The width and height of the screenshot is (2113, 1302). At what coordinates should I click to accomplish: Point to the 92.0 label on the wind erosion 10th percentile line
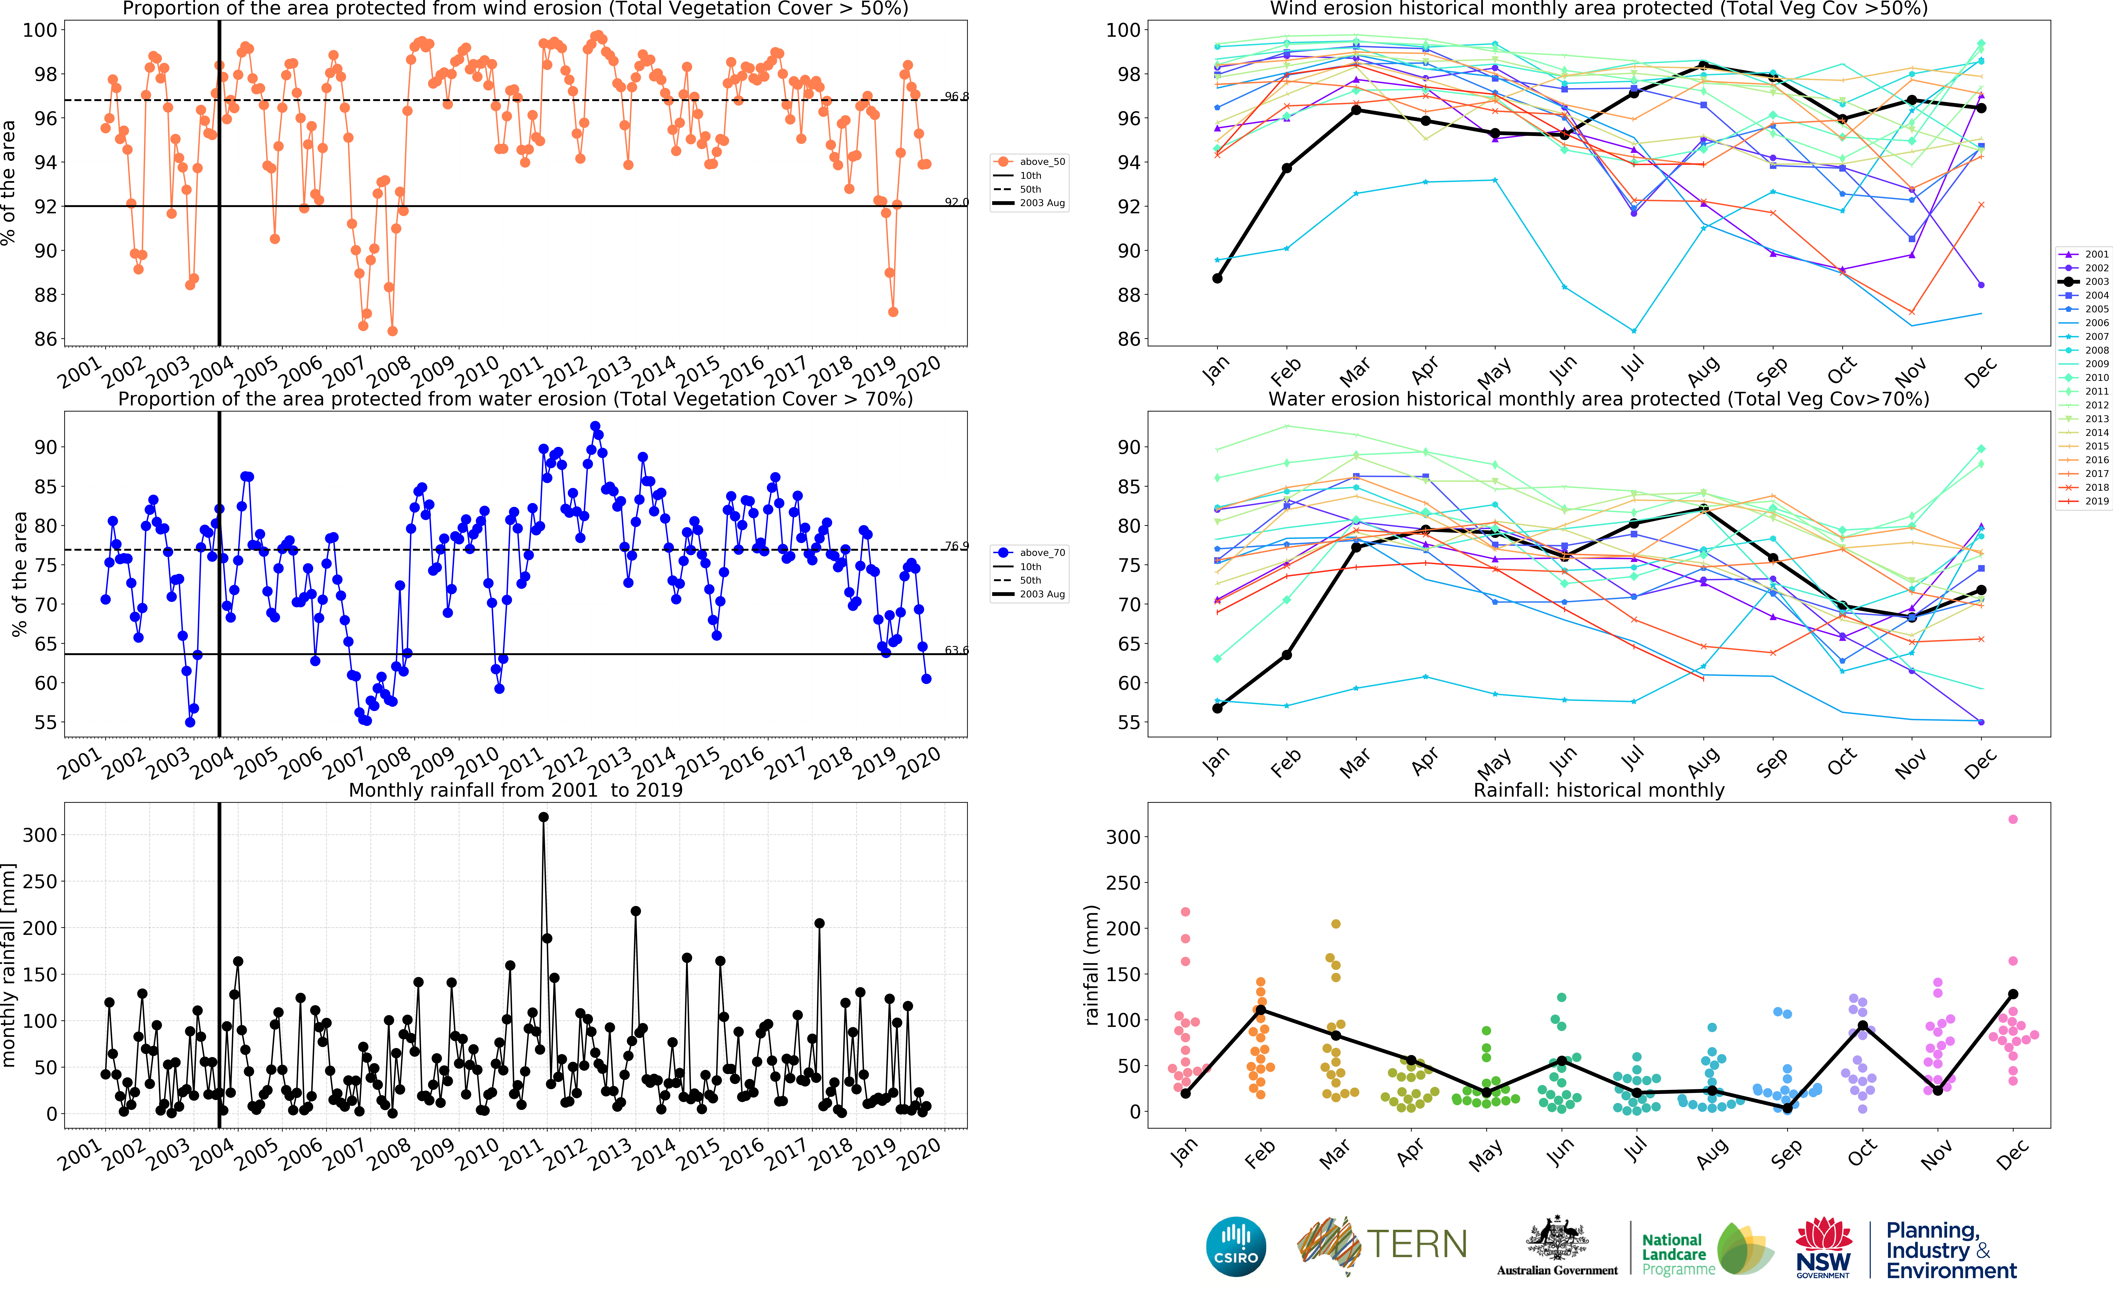coord(956,202)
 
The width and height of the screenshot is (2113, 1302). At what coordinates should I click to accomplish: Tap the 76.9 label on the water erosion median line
coord(956,546)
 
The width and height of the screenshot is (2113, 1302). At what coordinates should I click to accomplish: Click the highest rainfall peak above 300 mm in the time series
coord(543,817)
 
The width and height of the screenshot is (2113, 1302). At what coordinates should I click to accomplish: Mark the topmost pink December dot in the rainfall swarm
coord(2012,819)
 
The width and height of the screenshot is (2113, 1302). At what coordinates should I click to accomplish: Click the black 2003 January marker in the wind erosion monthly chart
coord(1217,278)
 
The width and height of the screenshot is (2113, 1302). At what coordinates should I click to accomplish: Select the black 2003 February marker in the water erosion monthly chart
coord(1287,655)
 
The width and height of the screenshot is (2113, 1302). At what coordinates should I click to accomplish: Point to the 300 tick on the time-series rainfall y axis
coord(40,835)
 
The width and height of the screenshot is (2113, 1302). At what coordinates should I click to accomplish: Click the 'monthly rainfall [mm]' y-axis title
coord(10,964)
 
